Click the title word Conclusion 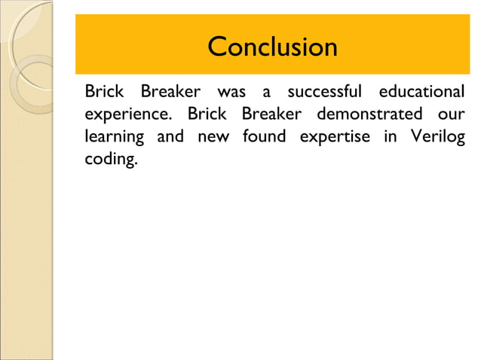click(x=272, y=47)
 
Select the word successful click(x=325, y=93)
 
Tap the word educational click(x=421, y=93)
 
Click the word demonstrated click(x=369, y=115)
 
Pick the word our click(x=451, y=115)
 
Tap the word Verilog click(x=438, y=138)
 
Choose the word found click(x=263, y=138)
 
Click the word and click(x=170, y=138)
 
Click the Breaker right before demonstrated click(x=271, y=115)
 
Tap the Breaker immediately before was click(x=170, y=93)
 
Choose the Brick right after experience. click(x=205, y=115)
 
